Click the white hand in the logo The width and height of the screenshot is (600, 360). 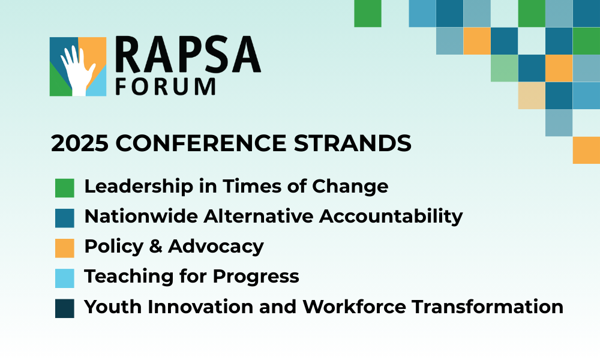[77, 71]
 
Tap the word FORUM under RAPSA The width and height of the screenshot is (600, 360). [166, 86]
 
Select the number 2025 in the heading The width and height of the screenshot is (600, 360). [80, 143]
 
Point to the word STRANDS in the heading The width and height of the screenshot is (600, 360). [352, 143]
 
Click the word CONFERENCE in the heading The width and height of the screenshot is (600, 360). [201, 143]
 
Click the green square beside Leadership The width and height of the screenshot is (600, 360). [65, 188]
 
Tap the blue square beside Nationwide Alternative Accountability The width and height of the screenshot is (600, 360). [65, 218]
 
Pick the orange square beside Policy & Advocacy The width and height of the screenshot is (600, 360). [65, 248]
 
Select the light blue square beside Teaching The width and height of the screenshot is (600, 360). [65, 278]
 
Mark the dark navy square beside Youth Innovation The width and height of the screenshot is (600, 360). [65, 308]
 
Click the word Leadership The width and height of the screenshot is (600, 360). [139, 187]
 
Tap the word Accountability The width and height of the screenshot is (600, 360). [391, 217]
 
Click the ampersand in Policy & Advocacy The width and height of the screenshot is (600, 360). [156, 246]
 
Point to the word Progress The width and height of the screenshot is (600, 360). [256, 277]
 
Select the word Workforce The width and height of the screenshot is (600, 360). [354, 307]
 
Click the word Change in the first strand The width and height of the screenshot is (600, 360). [350, 187]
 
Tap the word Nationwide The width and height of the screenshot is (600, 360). [141, 216]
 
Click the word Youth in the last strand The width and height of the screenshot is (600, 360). [113, 307]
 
